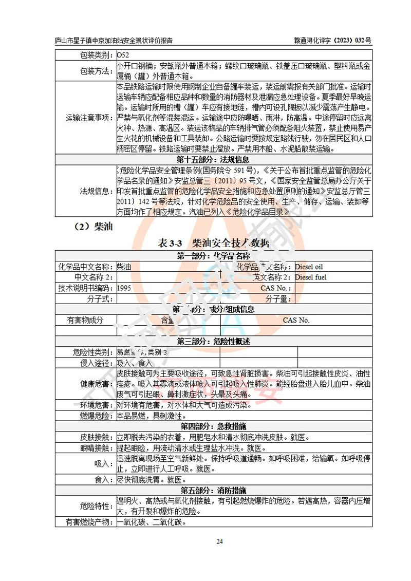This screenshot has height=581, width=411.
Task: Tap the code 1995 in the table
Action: pyautogui.click(x=124, y=288)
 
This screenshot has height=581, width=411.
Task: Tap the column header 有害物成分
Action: pyautogui.click(x=85, y=320)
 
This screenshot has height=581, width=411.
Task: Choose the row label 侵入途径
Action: pyautogui.click(x=92, y=363)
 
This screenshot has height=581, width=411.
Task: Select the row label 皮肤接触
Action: pyautogui.click(x=96, y=437)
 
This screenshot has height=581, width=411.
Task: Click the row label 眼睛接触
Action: pyautogui.click(x=96, y=447)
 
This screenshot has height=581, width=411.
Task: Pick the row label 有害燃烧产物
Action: pyautogui.click(x=85, y=522)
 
